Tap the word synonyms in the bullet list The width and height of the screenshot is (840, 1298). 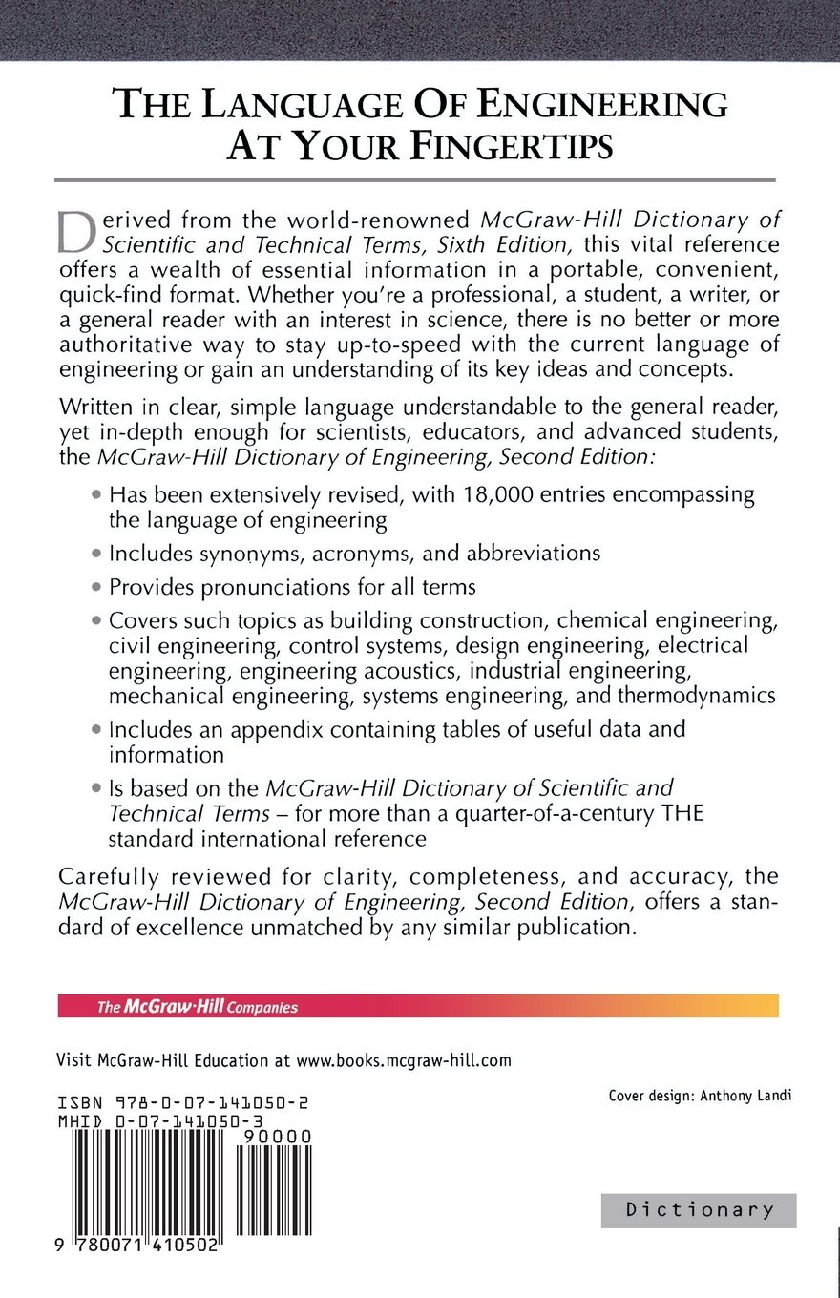click(226, 553)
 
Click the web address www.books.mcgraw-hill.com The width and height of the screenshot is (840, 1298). click(404, 1059)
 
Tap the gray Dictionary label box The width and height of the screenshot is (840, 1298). click(699, 1210)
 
